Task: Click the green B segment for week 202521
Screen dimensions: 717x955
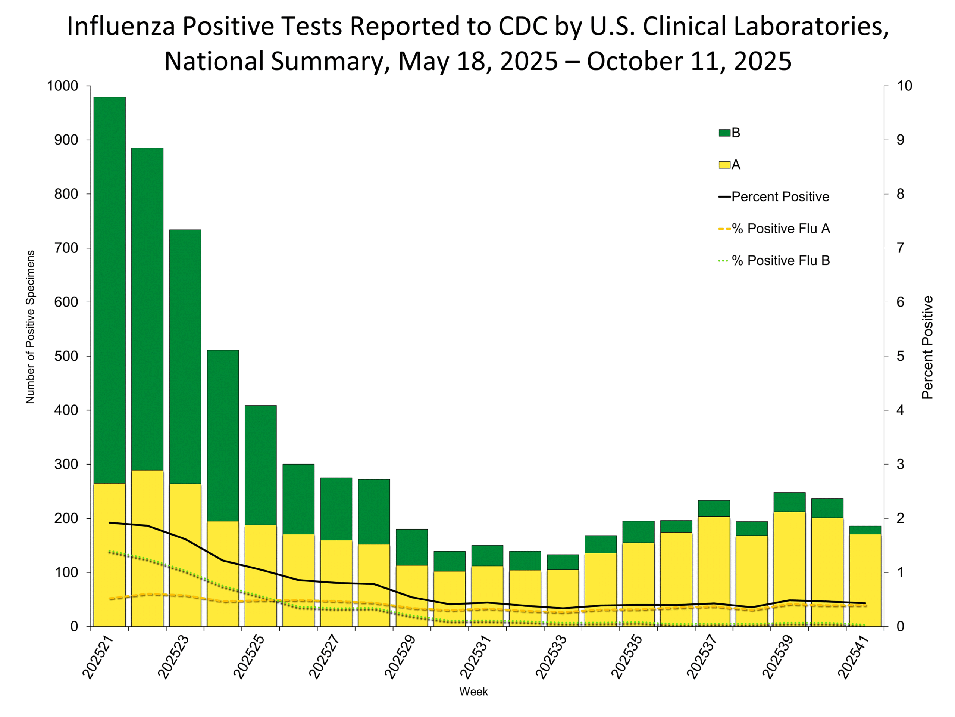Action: click(110, 289)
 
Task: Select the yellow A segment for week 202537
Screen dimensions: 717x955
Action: click(714, 571)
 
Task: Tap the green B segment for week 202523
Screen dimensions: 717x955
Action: click(185, 357)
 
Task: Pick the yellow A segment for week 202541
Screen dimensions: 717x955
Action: click(865, 580)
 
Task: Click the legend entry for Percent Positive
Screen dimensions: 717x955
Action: click(780, 197)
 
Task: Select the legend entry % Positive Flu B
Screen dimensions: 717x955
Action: click(780, 261)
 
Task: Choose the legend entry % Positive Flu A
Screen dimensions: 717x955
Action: click(780, 229)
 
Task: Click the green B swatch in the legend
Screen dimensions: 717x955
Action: click(724, 133)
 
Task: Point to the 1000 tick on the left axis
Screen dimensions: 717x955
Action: click(63, 86)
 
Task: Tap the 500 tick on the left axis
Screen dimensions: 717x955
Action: click(66, 356)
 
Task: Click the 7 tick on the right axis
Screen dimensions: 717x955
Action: click(900, 248)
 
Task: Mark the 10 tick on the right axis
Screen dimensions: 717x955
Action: click(904, 86)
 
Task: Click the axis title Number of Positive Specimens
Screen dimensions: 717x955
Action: click(30, 327)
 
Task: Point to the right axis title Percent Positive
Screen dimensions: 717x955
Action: click(927, 347)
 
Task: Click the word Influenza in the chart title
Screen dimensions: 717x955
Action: click(120, 27)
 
